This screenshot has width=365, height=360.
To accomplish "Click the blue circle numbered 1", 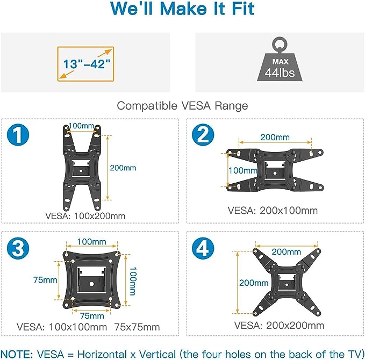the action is click(x=18, y=135).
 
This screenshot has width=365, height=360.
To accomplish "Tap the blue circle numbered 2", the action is click(x=203, y=135).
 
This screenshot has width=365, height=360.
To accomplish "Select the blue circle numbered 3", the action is click(x=18, y=249).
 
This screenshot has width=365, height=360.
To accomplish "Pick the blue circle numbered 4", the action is click(x=203, y=249).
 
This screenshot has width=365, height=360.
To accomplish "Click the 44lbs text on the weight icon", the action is click(x=280, y=73).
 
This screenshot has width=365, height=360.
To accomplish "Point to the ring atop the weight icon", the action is click(x=280, y=45).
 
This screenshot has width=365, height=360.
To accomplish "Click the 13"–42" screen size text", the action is click(x=87, y=64).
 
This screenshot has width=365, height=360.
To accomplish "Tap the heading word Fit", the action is click(x=243, y=9).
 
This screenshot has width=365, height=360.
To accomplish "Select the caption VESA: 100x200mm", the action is click(x=85, y=216).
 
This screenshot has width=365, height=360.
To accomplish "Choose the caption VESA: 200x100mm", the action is click(x=273, y=211).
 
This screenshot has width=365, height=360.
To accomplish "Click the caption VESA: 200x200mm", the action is click(x=279, y=325).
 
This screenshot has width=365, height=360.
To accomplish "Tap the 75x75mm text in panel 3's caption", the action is click(x=137, y=327).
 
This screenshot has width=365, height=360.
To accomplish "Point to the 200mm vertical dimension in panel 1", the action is click(x=123, y=168).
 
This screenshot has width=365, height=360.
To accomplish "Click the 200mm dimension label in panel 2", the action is click(x=275, y=138).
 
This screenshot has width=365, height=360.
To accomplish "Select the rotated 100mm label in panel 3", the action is click(x=133, y=281).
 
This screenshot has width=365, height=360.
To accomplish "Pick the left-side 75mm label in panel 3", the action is click(x=45, y=280).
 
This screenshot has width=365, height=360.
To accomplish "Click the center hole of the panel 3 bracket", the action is click(x=91, y=284).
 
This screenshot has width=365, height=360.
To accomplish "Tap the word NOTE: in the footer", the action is click(x=17, y=355).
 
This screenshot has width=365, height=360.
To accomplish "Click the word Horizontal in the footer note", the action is click(x=102, y=355).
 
